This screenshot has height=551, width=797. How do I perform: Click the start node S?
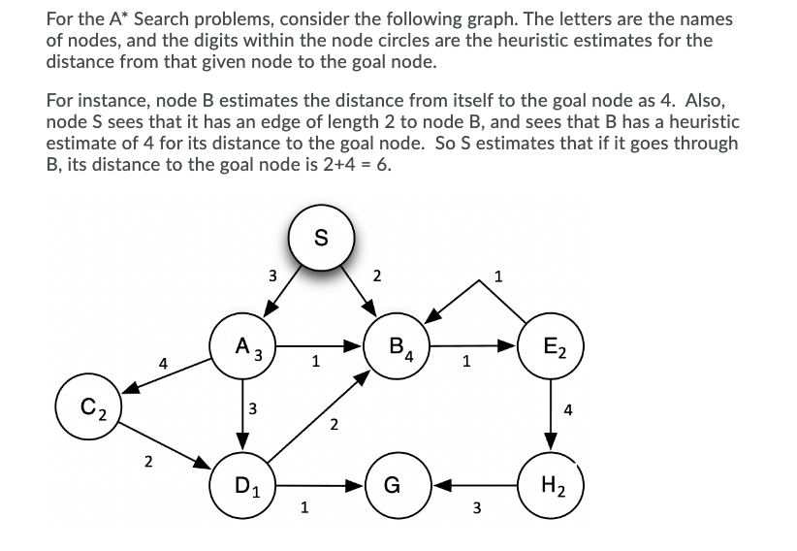point(321,236)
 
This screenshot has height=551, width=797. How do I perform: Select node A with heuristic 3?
point(244,346)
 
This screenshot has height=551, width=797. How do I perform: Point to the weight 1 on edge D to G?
point(305,505)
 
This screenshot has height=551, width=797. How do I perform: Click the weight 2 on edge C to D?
point(147,460)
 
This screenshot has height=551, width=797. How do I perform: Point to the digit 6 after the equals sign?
point(385,163)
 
